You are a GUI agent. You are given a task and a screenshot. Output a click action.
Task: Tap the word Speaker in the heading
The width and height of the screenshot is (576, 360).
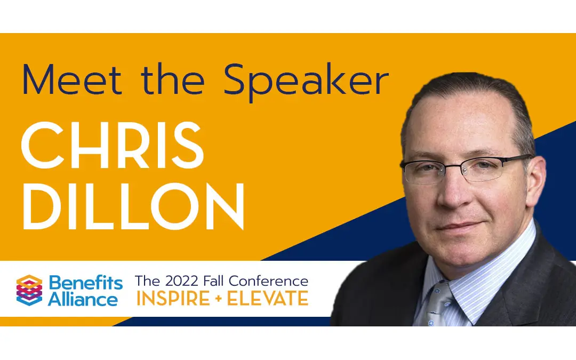(x=306, y=83)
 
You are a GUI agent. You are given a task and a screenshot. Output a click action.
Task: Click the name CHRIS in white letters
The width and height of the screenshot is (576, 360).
(x=112, y=146)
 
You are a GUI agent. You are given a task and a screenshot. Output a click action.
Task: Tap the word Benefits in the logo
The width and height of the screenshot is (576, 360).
(x=85, y=282)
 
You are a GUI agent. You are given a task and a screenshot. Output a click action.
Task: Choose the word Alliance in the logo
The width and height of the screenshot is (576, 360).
(x=83, y=299)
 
